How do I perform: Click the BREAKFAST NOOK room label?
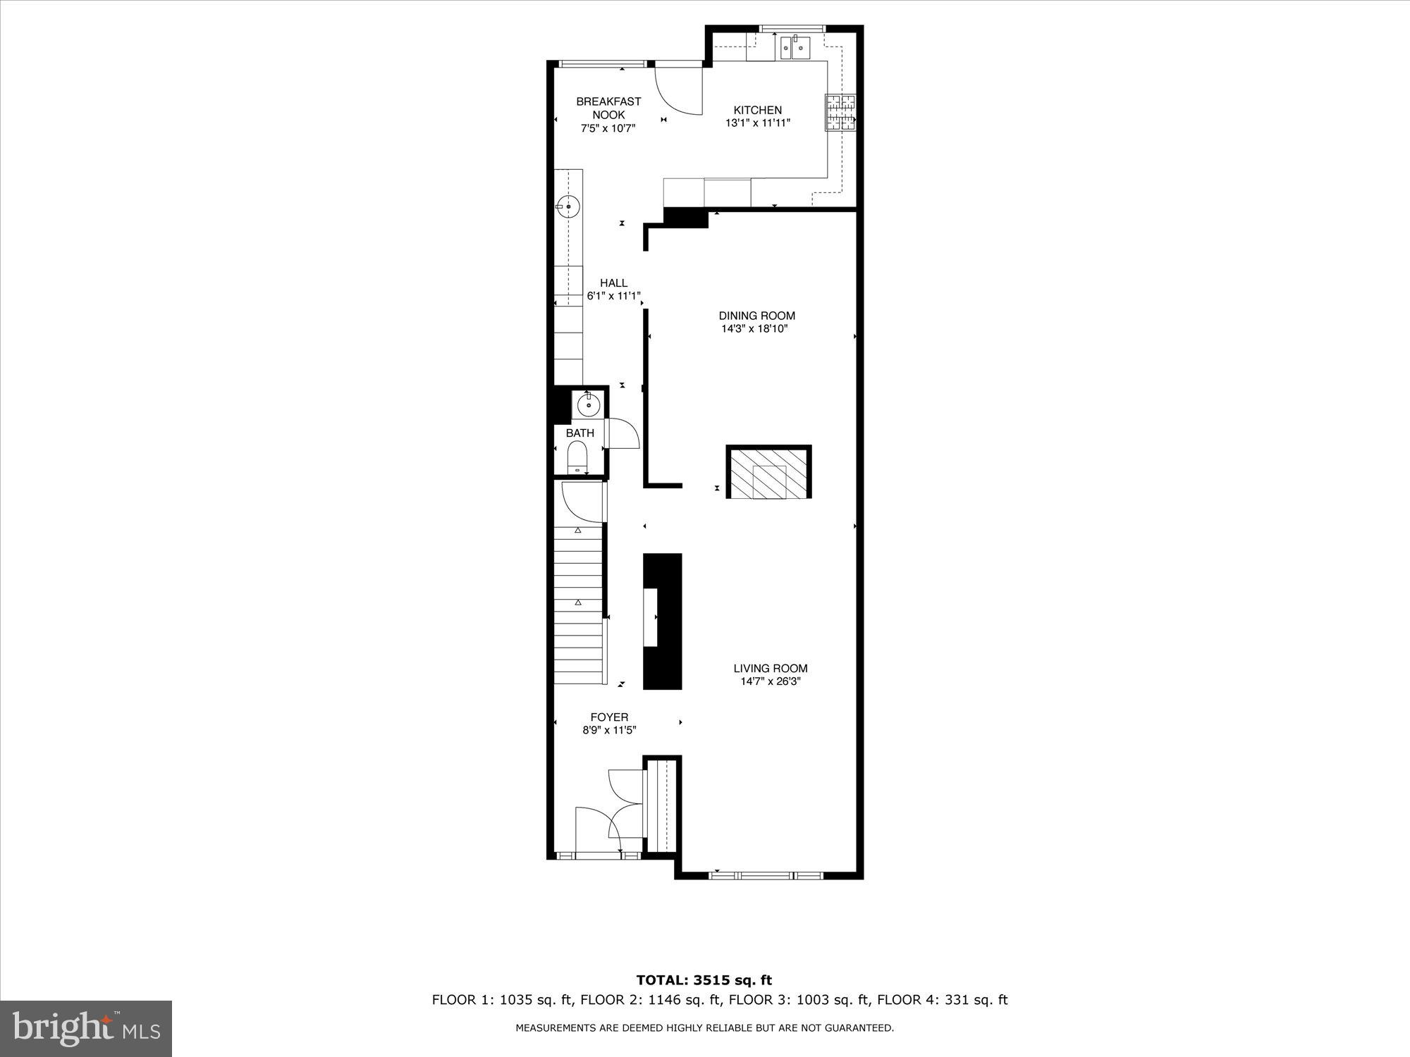608,108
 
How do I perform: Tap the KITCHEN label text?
757,110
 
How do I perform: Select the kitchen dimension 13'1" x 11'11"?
757,123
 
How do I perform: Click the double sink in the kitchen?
795,47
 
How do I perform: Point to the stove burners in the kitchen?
840,112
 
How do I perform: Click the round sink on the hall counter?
568,206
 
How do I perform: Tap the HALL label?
613,283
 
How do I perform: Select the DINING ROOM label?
756,316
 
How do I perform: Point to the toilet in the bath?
577,457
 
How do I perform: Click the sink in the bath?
588,405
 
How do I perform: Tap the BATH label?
580,433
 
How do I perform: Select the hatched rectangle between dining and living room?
768,473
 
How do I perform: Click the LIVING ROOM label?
770,669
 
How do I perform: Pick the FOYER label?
609,717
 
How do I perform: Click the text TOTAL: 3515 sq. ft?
704,980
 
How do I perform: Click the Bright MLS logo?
86,1029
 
